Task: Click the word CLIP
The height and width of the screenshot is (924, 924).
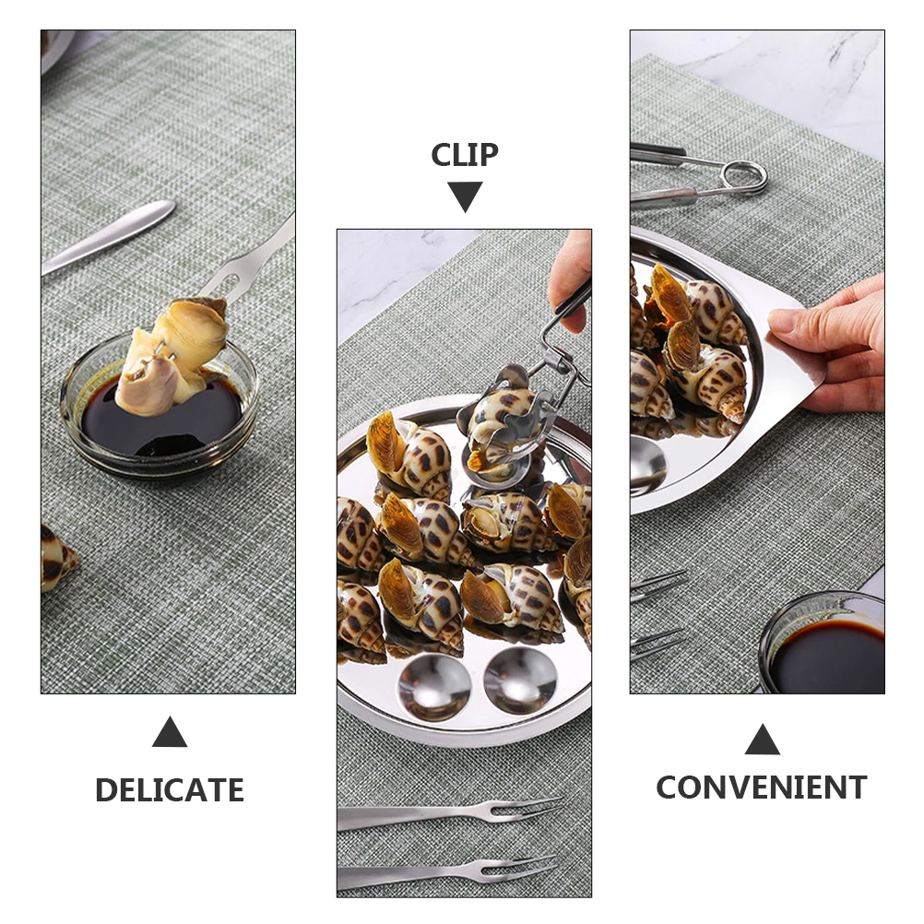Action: pyautogui.click(x=465, y=155)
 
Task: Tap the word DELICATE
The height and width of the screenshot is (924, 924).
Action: pyautogui.click(x=169, y=790)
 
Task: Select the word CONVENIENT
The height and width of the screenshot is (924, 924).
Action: pyautogui.click(x=761, y=788)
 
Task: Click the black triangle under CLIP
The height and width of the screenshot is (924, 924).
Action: pyautogui.click(x=465, y=195)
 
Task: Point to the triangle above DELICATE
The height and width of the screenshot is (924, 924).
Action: pyautogui.click(x=169, y=734)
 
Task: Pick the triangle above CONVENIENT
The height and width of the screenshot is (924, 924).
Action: pyautogui.click(x=762, y=740)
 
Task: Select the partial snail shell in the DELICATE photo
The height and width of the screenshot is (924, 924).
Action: pyautogui.click(x=55, y=557)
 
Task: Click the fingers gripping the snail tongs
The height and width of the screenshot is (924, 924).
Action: pyautogui.click(x=571, y=277)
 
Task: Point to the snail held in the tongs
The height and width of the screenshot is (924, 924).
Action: pyautogui.click(x=503, y=424)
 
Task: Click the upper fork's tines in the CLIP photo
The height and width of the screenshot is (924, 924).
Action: pyautogui.click(x=526, y=809)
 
